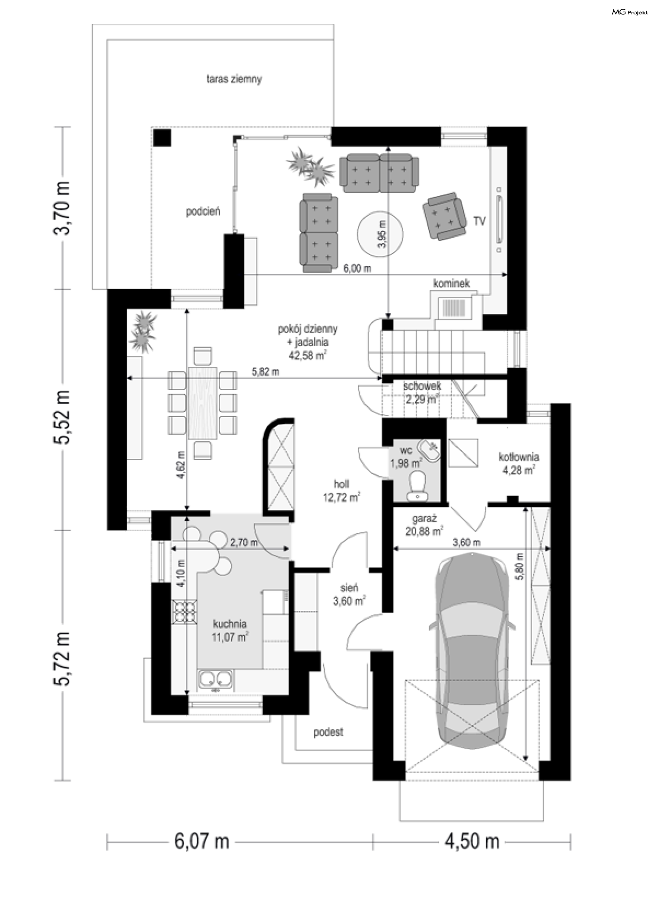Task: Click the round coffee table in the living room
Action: pyautogui.click(x=380, y=234)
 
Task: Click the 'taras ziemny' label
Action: pyautogui.click(x=234, y=79)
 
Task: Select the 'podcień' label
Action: pyautogui.click(x=203, y=211)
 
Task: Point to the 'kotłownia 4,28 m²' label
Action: pyautogui.click(x=519, y=463)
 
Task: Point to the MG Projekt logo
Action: pyautogui.click(x=630, y=12)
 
